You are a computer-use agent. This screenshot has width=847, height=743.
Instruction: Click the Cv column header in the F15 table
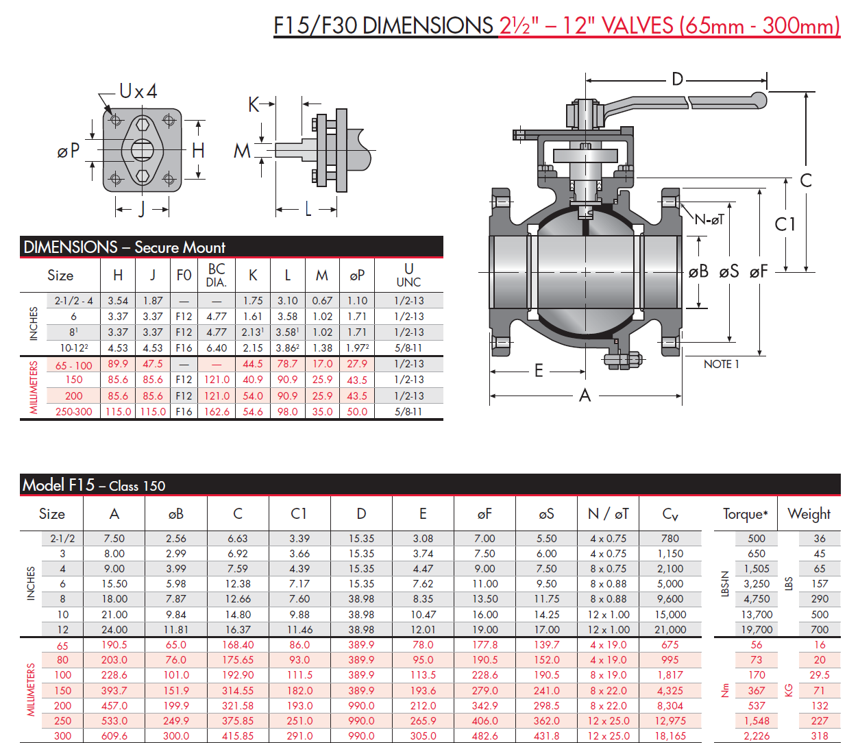[x=670, y=514]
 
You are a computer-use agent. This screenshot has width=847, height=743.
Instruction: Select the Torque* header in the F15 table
[x=745, y=514]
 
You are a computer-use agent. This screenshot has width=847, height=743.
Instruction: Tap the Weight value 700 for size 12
[x=820, y=629]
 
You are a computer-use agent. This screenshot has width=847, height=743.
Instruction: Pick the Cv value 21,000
[x=670, y=629]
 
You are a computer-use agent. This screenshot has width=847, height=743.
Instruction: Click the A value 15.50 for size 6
[x=114, y=584]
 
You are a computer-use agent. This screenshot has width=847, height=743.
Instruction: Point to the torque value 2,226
[x=757, y=735]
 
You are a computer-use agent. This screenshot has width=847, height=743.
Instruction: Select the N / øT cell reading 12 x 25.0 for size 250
[x=608, y=721]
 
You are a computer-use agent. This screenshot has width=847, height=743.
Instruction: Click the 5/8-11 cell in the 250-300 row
[x=408, y=412]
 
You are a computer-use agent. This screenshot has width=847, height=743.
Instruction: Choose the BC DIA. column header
[x=217, y=276]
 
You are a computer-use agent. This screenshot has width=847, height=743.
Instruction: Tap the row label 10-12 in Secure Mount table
[x=73, y=348]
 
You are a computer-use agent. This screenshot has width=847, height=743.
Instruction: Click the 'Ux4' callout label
[x=138, y=91]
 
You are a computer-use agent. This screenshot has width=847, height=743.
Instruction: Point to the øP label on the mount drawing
[x=69, y=151]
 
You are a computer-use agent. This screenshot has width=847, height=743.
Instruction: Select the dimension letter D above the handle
[x=677, y=80]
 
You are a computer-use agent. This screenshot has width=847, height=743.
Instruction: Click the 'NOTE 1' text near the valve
[x=721, y=365]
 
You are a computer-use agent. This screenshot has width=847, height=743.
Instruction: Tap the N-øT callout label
[x=709, y=220]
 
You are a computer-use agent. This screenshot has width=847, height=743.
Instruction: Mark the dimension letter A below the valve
[x=585, y=395]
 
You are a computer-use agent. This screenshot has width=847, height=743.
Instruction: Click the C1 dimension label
[x=785, y=224]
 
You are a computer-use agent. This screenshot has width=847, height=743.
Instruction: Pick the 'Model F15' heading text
[x=58, y=485]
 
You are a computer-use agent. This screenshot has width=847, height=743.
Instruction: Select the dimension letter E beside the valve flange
[x=539, y=371]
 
